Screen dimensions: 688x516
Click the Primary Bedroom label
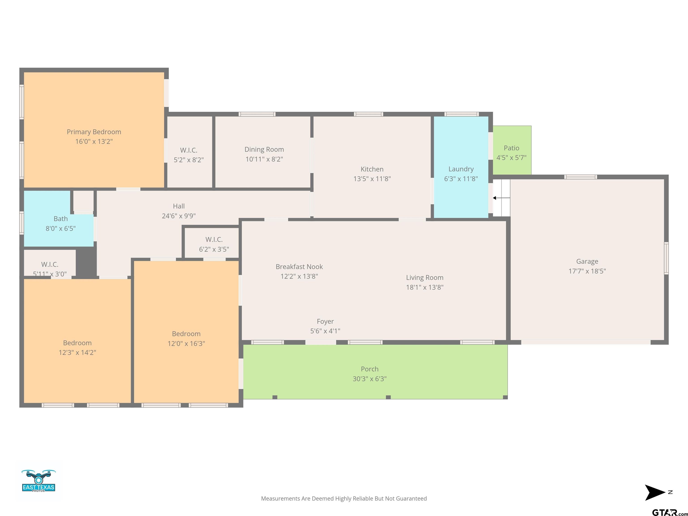pyautogui.click(x=94, y=132)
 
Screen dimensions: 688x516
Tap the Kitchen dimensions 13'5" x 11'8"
pyautogui.click(x=372, y=179)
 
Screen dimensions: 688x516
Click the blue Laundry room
pyautogui.click(x=461, y=167)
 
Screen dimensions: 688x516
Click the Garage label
pyautogui.click(x=587, y=261)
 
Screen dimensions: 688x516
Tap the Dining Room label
pyautogui.click(x=264, y=149)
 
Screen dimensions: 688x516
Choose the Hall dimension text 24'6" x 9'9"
pyautogui.click(x=179, y=216)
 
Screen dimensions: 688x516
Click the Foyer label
pyautogui.click(x=325, y=321)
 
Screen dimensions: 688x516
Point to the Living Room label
pyautogui.click(x=425, y=277)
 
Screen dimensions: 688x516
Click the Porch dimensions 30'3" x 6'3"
pyautogui.click(x=370, y=379)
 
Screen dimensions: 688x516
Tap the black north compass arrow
pyautogui.click(x=655, y=492)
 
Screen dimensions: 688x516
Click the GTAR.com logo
pyautogui.click(x=670, y=512)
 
